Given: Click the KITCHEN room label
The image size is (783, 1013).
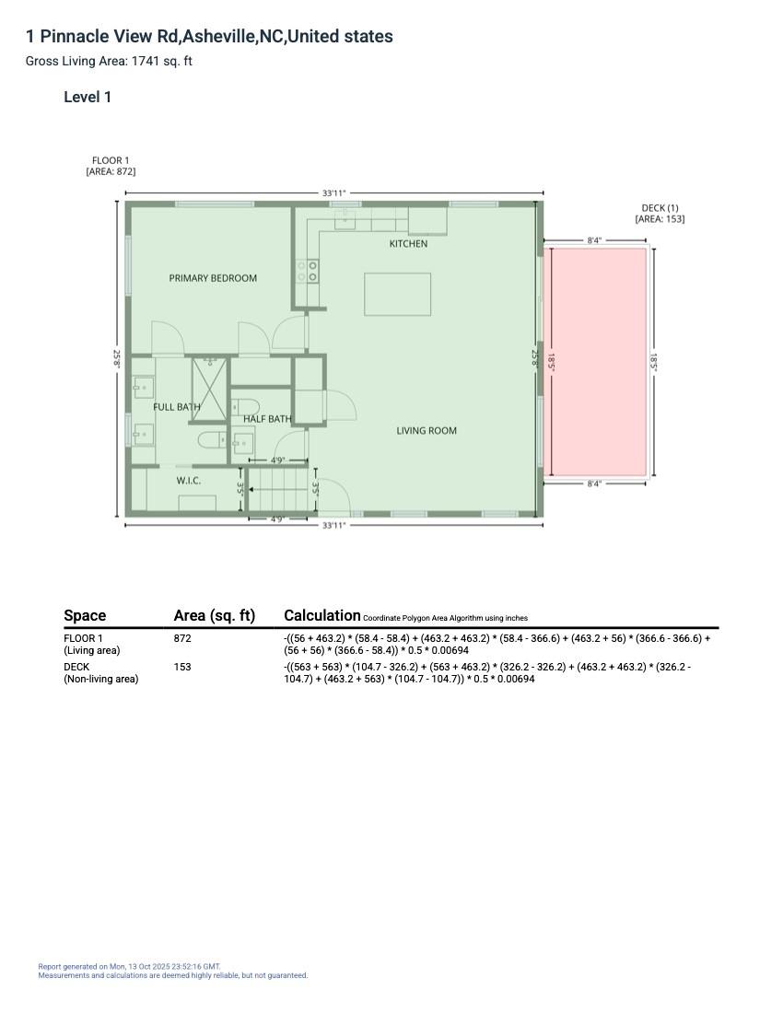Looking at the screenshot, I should click(x=408, y=244).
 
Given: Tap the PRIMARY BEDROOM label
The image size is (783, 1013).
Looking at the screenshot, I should click(x=213, y=278).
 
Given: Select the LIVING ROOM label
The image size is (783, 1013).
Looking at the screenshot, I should click(x=427, y=431).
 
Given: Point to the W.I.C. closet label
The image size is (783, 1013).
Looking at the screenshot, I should click(x=189, y=481).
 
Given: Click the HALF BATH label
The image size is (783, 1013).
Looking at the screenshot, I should click(x=267, y=419).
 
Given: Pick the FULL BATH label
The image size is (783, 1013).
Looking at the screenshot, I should click(x=176, y=407).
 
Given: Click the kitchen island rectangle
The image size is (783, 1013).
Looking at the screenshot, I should click(x=397, y=295).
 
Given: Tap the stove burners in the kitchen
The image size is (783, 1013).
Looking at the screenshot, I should click(x=308, y=272).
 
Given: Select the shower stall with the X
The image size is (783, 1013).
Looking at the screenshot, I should click(x=209, y=388).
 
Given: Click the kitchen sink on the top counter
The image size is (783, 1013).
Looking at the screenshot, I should click(x=345, y=217).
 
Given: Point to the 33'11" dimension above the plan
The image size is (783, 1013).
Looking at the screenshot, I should click(x=333, y=193).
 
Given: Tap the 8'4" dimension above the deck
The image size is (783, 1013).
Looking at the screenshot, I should click(x=594, y=240).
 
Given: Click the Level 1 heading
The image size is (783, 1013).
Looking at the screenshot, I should click(x=88, y=98).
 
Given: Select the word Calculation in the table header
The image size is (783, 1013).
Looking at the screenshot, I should click(x=321, y=615).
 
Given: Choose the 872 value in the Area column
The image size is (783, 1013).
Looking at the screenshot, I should click(x=182, y=638).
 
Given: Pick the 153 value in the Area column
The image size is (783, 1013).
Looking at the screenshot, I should click(x=182, y=667).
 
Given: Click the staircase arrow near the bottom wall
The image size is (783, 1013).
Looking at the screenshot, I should click(x=254, y=490).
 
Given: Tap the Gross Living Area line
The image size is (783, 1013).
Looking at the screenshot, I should click(x=109, y=62).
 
